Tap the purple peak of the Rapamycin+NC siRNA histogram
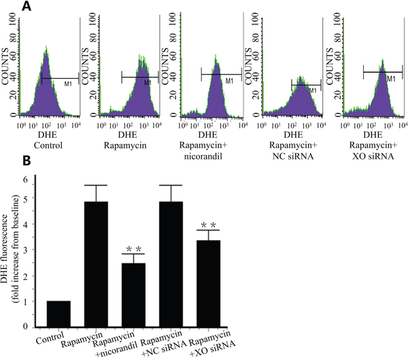point(301,102)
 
